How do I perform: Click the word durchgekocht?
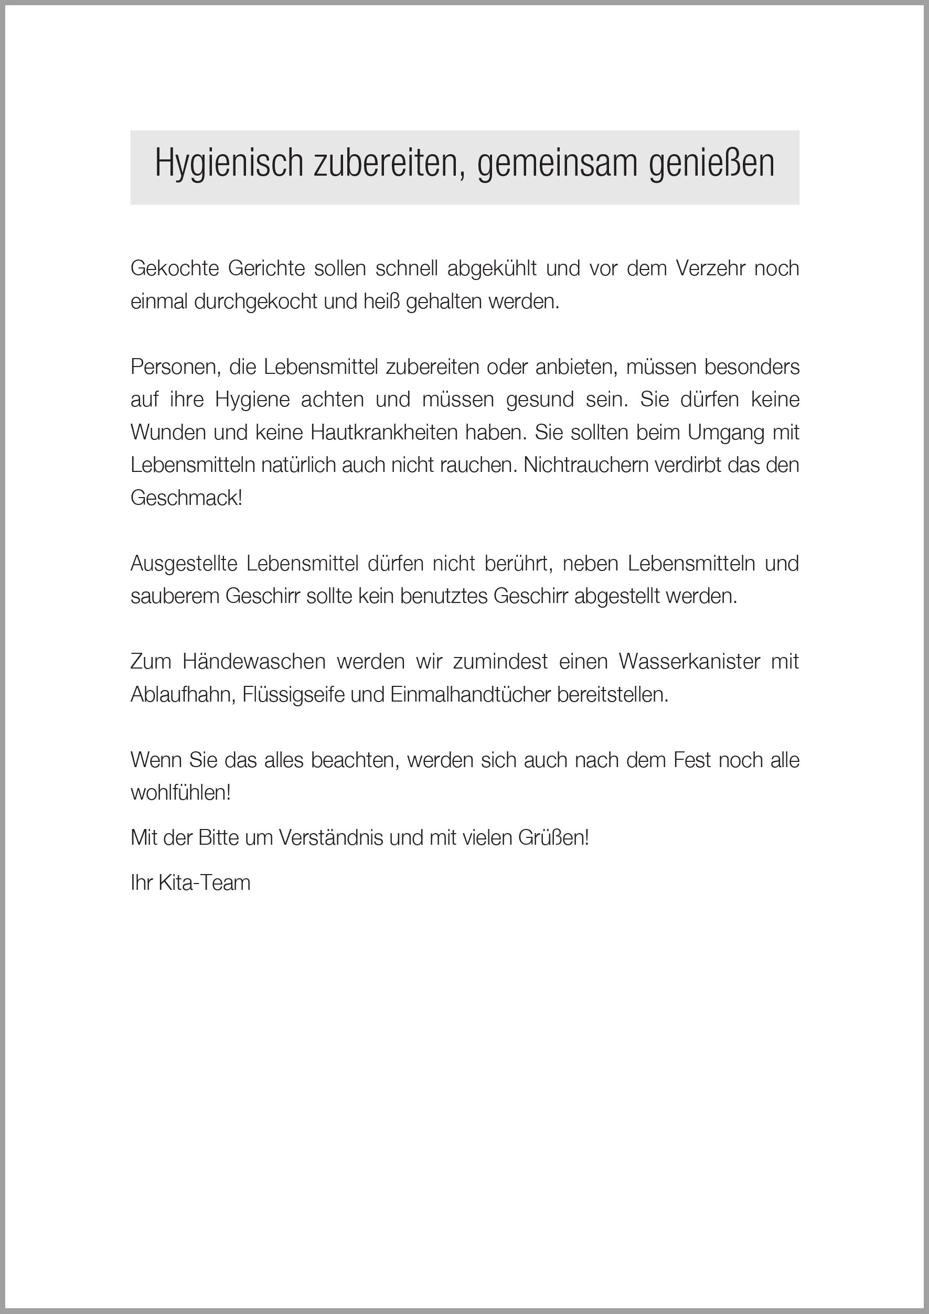(x=256, y=301)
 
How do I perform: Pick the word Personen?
(x=175, y=367)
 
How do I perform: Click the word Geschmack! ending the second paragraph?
(x=187, y=498)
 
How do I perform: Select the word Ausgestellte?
(x=184, y=563)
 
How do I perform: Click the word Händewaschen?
(x=254, y=662)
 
